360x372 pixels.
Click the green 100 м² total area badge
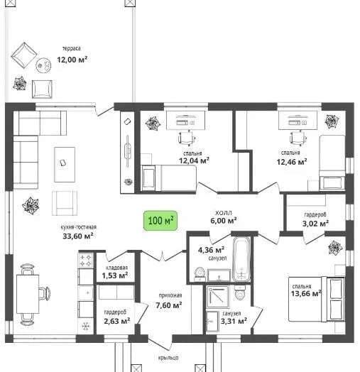pyautogui.click(x=160, y=221)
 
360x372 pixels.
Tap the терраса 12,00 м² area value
pyautogui.click(x=72, y=60)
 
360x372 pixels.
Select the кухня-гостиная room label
pyautogui.click(x=79, y=227)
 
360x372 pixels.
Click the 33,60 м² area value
pyautogui.click(x=78, y=236)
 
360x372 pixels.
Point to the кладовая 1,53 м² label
pyautogui.click(x=115, y=272)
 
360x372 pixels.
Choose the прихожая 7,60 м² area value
pyautogui.click(x=169, y=305)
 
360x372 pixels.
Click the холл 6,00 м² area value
pyautogui.click(x=223, y=220)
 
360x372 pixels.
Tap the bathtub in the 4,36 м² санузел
pyautogui.click(x=241, y=259)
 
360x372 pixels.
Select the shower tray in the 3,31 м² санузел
pyautogui.click(x=217, y=297)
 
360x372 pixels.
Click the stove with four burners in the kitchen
pyautogui.click(x=85, y=261)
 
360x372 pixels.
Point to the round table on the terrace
pyautogui.click(x=43, y=65)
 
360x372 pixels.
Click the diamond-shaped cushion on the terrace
pyautogui.click(x=24, y=56)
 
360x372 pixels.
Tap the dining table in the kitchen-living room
pyautogui.click(x=28, y=294)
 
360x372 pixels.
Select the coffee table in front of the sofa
pyautogui.click(x=65, y=165)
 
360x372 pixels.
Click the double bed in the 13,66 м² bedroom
pyautogui.click(x=317, y=299)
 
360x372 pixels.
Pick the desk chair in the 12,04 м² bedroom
pyautogui.click(x=187, y=138)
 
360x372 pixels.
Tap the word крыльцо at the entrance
pyautogui.click(x=168, y=358)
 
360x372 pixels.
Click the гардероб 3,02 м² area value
pyautogui.click(x=315, y=224)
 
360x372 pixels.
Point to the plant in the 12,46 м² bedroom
pyautogui.click(x=332, y=121)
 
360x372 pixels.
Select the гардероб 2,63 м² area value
pyautogui.click(x=116, y=321)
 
